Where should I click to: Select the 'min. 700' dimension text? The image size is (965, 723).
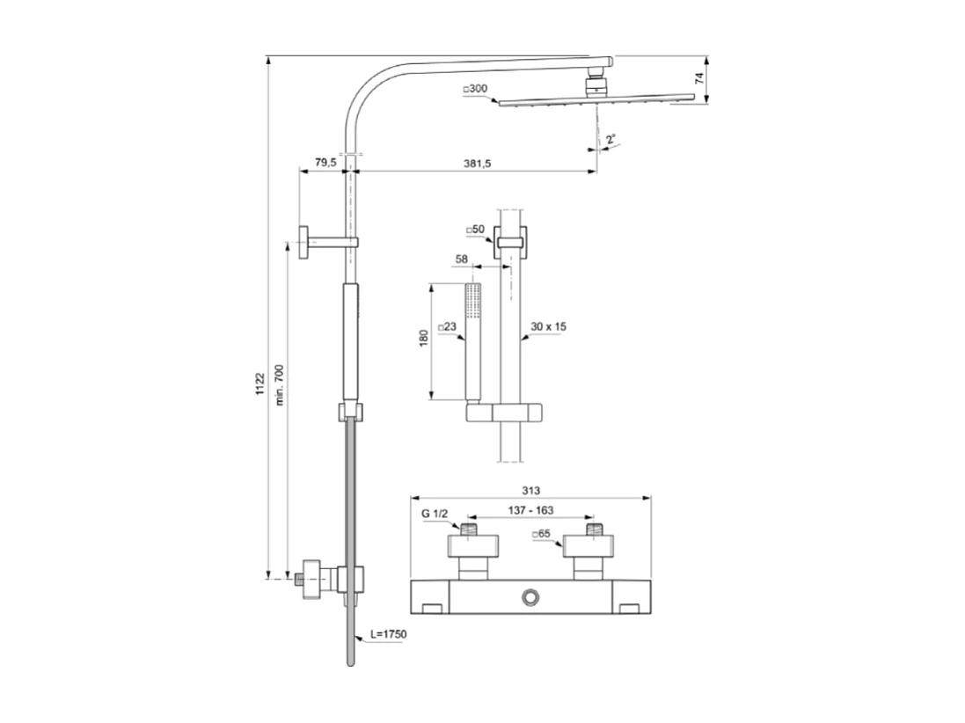point(280,385)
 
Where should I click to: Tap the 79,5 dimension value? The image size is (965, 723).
point(325,163)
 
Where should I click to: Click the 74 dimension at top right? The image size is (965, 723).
point(699,78)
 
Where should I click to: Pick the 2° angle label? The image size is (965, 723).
point(610,139)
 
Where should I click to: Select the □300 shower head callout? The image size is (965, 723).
point(474,89)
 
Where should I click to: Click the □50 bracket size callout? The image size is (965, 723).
point(475,230)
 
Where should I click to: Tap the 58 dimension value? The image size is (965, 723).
point(461,259)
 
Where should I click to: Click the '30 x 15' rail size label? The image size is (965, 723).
point(549,326)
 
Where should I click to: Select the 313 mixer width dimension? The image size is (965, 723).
point(530,490)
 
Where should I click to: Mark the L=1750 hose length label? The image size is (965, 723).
point(388,633)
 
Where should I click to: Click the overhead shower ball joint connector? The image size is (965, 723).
point(597,85)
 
